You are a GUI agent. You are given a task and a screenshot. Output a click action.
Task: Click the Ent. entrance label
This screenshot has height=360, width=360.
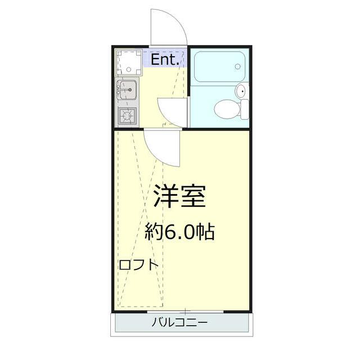pos(165,58)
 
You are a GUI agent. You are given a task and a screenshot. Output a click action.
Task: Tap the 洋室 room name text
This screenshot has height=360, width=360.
pos(180,197)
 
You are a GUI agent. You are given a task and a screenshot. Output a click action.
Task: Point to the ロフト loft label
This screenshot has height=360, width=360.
pos(138,265)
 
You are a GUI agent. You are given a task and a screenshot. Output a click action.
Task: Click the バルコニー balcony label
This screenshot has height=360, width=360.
pos(180,323)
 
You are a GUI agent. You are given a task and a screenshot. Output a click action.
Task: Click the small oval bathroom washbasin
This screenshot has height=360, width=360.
pos(240,91)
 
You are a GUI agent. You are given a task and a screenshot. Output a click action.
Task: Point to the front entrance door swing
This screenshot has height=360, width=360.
pos(168,28)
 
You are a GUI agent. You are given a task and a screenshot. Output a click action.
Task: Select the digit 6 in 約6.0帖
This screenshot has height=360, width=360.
pos(169,231)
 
